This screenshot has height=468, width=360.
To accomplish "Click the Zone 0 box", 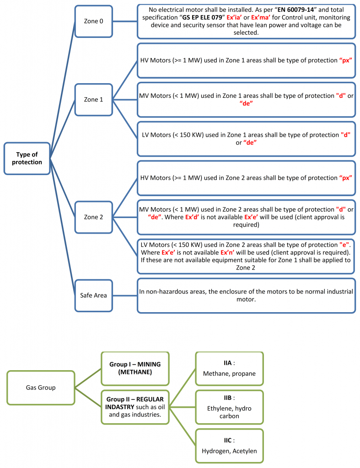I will (93, 21).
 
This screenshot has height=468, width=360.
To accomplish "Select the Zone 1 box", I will (93, 99).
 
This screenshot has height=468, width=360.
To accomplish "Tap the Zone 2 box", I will (93, 217).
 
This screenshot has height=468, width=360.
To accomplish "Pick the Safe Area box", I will (93, 295).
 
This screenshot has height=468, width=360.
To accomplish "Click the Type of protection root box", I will (27, 159).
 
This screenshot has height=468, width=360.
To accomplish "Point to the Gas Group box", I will (40, 388).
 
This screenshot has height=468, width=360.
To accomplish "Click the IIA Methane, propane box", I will (229, 368).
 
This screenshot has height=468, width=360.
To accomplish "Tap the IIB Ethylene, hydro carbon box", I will (229, 407).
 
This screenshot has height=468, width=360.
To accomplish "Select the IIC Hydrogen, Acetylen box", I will (229, 446).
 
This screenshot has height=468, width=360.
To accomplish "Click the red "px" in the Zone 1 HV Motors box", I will (345, 60).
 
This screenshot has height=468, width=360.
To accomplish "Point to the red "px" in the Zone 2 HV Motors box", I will (345, 178).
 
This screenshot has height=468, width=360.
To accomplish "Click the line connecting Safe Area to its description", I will (125, 295).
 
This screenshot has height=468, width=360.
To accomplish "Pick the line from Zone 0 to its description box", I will (125, 21).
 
